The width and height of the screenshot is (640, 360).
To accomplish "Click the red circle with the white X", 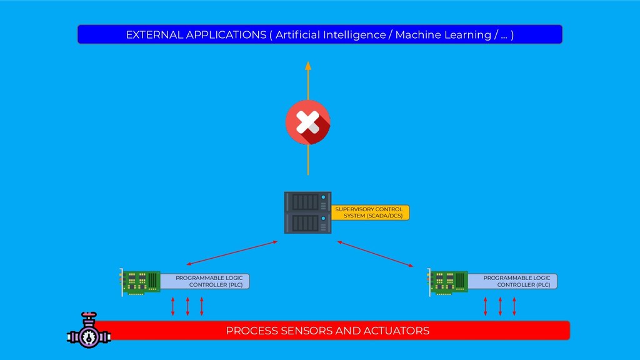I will (307, 122).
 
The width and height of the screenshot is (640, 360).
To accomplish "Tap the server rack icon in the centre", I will (307, 212).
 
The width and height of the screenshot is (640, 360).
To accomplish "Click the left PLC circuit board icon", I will (140, 282).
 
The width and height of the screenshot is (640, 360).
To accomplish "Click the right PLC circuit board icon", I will (447, 282).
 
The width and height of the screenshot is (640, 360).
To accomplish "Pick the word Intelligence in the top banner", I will (354, 35).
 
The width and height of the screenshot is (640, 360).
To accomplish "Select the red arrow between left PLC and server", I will (231, 252).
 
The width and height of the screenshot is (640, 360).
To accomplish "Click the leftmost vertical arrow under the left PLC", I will (173, 306).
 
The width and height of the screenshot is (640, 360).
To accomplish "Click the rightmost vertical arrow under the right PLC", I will (514, 306).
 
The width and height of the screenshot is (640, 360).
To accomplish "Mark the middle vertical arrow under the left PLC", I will (187, 306).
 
